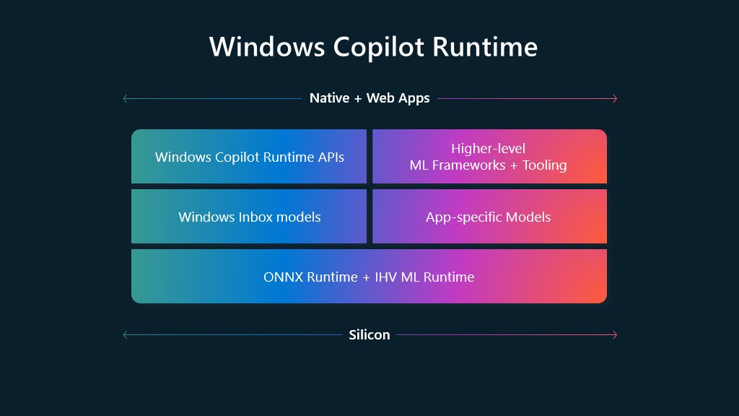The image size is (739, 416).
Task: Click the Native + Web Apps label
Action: (x=369, y=98)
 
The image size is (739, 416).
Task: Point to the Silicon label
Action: (x=369, y=334)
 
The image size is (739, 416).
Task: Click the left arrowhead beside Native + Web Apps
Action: (x=125, y=98)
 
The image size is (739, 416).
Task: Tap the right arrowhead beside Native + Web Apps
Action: (x=615, y=98)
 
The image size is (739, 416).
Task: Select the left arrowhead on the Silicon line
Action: (x=125, y=334)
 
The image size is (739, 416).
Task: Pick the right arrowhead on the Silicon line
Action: (x=615, y=334)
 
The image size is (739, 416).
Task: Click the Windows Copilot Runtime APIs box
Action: (x=249, y=157)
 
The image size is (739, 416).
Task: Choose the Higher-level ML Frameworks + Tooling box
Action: (x=489, y=157)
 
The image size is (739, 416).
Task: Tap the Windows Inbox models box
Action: (x=249, y=217)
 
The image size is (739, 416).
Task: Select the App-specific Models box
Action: (x=489, y=217)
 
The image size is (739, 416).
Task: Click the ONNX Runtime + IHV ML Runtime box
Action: (x=369, y=277)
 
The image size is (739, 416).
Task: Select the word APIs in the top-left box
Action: (x=329, y=157)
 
